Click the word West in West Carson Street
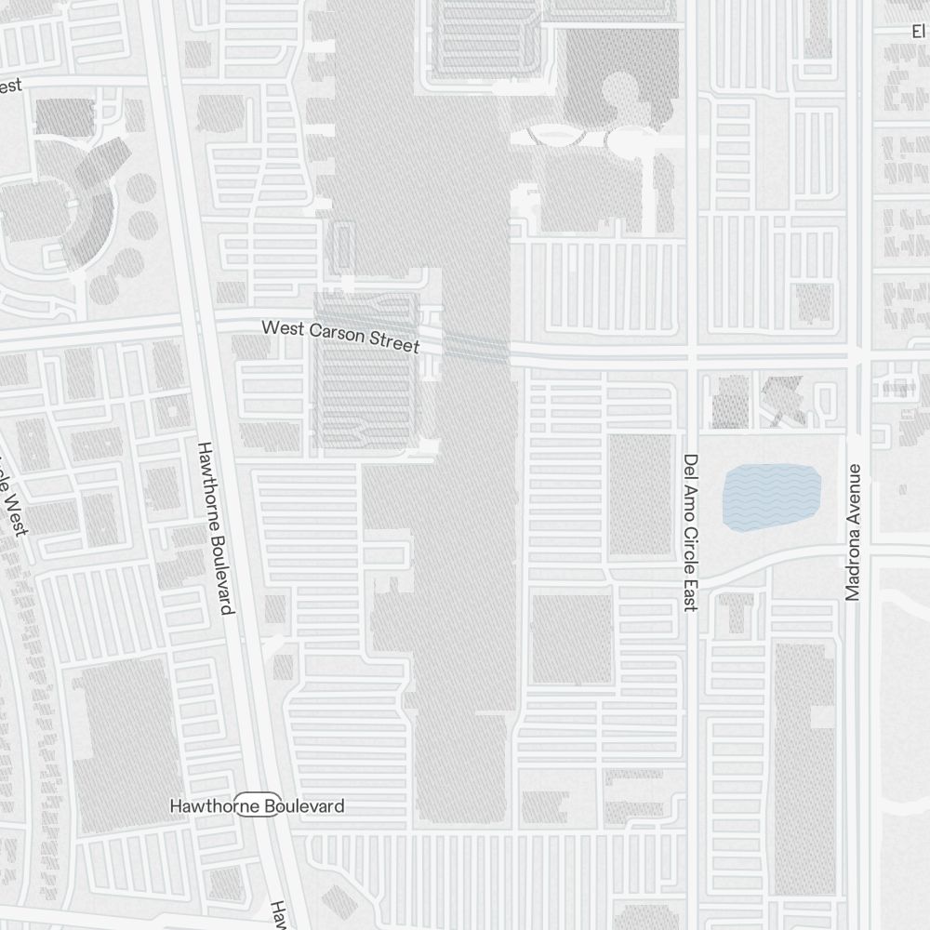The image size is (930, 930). coord(282,328)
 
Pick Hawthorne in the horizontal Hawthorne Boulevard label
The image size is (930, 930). coord(201,806)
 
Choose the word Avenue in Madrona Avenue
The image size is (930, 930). coord(854,571)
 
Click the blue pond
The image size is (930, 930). coord(771,498)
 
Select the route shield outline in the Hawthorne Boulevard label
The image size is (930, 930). coord(257,806)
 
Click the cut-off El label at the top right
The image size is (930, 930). coord(920,31)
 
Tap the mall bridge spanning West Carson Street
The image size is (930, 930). coord(474,346)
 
